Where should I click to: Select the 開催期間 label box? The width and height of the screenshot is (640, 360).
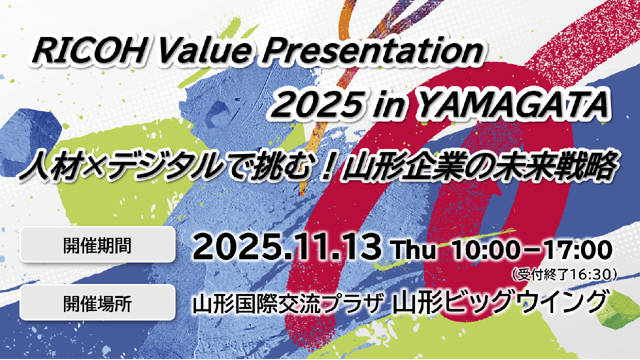pos(97,244)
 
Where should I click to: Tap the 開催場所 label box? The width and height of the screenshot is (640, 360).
pos(97,302)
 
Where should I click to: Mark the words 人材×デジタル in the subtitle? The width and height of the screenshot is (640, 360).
pos(120,167)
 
